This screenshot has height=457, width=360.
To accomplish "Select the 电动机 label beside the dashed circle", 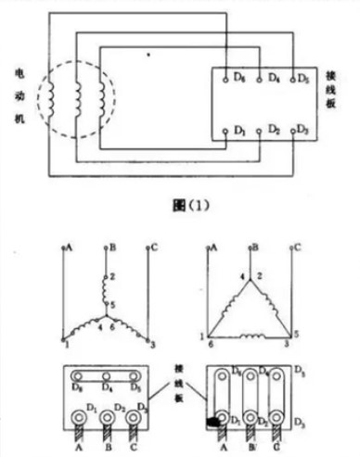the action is (x=19, y=98).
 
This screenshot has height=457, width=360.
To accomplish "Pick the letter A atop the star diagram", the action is (x=69, y=248).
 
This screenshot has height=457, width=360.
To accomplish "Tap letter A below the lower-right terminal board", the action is (x=224, y=449).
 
